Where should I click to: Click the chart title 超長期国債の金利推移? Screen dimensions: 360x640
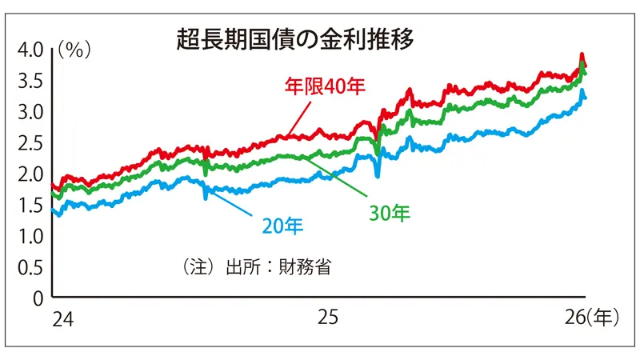296,41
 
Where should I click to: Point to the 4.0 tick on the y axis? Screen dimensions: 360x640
33,50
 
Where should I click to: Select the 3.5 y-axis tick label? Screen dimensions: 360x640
33,81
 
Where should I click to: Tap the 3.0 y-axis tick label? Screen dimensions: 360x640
33,112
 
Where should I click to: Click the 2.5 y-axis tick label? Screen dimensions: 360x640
33,142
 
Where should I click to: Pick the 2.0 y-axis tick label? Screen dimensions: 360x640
33,174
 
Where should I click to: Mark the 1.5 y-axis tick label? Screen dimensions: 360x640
33,205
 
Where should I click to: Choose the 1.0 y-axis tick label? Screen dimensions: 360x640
33,236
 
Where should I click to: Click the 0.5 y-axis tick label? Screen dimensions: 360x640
33,267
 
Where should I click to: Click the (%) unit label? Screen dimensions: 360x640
74,50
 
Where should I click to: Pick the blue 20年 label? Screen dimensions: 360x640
282,226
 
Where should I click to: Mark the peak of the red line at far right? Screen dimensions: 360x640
582,55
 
